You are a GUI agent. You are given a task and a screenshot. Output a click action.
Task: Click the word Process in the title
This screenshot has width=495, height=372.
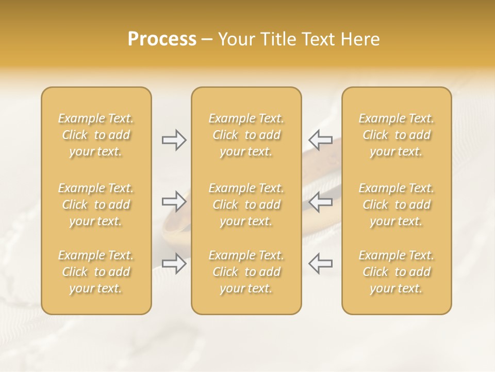[162, 39]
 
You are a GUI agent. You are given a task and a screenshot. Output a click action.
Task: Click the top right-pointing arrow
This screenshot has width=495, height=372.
[174, 140]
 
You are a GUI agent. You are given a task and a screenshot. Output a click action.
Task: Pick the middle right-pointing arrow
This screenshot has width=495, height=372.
[174, 202]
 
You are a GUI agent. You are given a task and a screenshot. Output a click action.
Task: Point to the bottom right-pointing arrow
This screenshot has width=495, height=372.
[174, 263]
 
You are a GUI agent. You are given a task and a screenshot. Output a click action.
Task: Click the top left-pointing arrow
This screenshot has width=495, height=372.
[321, 140]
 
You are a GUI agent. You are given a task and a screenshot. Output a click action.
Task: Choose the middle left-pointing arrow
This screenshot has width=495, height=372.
[321, 202]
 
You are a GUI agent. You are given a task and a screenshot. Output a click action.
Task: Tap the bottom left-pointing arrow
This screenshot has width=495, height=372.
[321, 263]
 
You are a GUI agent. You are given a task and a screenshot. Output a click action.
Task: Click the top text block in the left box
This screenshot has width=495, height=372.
[96, 135]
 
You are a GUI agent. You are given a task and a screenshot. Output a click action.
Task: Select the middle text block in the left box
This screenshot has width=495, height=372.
[96, 205]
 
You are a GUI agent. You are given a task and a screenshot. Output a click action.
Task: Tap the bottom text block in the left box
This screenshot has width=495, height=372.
[96, 272]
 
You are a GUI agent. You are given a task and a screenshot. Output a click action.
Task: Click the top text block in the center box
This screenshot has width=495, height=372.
[246, 135]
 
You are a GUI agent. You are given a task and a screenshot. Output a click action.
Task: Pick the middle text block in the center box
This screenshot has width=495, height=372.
[246, 205]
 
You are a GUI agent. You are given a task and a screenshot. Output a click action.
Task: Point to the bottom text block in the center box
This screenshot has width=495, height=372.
[246, 272]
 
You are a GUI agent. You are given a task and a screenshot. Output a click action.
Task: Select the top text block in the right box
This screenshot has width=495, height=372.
[397, 135]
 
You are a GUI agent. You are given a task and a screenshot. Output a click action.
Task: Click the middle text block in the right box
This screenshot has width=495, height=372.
[397, 205]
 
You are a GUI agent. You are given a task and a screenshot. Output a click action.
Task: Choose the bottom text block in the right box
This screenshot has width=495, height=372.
[397, 272]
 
